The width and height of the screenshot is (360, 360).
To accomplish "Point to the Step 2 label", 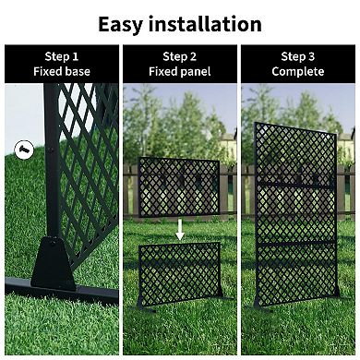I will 180,55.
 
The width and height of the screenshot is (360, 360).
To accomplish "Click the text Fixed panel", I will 180,71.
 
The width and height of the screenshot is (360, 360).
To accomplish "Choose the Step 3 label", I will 298,55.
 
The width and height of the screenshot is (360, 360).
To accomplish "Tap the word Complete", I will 298,71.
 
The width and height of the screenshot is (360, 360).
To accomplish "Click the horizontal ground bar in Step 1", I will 74,294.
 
